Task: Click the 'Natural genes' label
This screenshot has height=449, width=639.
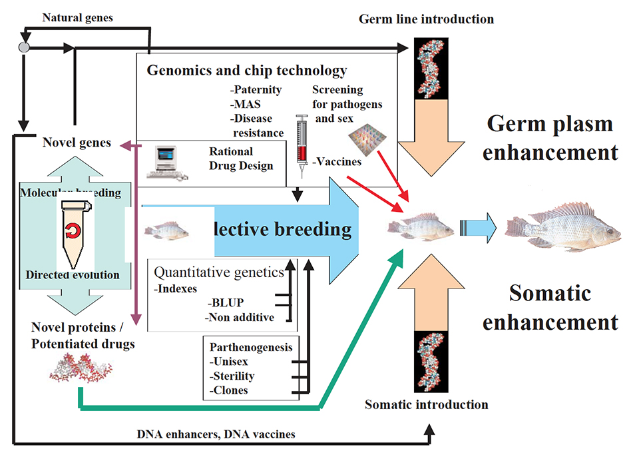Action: coord(78,17)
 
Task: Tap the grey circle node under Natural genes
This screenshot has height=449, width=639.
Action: coord(24,48)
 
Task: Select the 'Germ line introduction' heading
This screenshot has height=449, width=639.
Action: coord(426,19)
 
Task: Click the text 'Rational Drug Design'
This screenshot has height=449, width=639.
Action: coord(241,158)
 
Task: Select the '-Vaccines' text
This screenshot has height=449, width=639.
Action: coord(338,161)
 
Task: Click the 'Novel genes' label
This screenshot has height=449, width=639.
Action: coord(77,143)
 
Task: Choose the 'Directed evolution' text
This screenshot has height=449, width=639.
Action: coord(73,274)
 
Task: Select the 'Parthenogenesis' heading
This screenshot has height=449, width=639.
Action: coord(250,347)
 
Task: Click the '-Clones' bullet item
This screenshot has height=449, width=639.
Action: coord(230,390)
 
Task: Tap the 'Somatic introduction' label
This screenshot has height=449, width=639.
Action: coord(427,404)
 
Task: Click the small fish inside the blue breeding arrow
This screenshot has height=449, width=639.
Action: coord(166,230)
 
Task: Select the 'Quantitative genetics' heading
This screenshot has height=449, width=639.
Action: coord(218,272)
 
